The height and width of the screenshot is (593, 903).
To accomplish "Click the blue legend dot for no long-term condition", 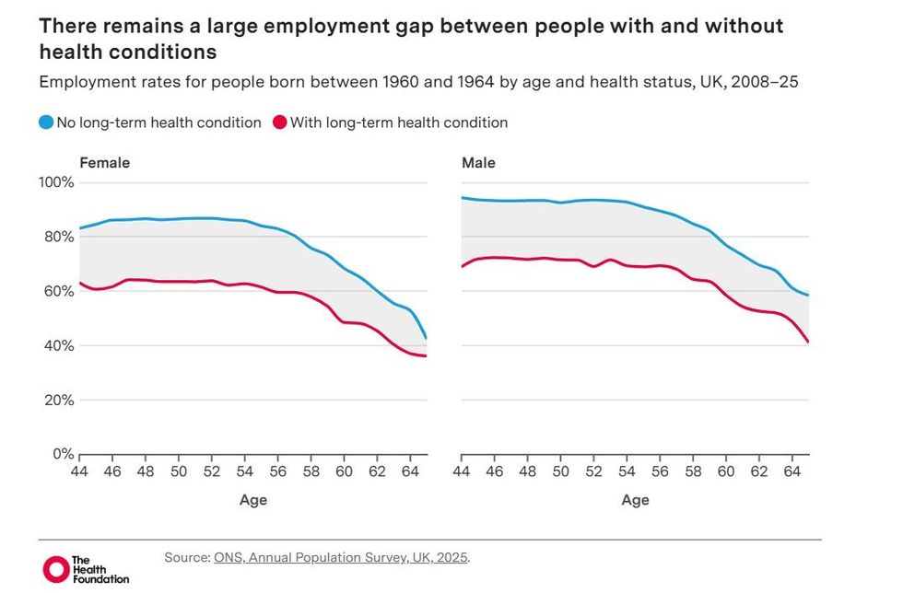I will [46, 122].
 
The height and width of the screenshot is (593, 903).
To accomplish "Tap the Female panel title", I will [104, 163].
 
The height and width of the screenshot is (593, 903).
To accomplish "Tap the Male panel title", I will [478, 163].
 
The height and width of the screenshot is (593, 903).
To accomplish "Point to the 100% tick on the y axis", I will [55, 182].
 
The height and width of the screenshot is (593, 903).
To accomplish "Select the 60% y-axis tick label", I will [57, 291].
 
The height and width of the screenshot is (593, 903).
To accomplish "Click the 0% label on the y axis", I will [61, 454].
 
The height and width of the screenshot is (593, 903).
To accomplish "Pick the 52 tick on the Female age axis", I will [212, 471].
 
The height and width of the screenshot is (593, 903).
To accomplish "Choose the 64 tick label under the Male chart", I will [792, 471].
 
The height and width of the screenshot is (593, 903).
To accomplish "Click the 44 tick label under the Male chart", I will [462, 471].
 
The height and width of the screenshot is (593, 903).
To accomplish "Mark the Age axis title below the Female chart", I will [253, 500].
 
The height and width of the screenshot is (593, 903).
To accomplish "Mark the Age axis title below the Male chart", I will [635, 500].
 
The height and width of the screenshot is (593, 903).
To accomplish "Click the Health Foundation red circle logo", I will [56, 569].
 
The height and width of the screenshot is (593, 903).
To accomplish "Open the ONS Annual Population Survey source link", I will [341, 557].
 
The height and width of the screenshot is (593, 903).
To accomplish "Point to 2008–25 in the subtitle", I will [764, 82].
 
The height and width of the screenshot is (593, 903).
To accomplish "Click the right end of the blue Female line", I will [426, 339].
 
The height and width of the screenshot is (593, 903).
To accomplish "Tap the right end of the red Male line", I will [808, 342].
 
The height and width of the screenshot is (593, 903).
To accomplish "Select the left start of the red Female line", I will [81, 283].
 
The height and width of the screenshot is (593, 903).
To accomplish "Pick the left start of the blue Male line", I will [462, 197].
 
